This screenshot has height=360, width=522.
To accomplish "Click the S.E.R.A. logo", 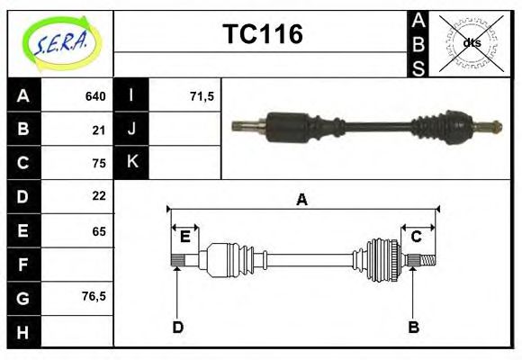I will (x=60, y=41).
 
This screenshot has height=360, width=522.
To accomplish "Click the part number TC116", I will (x=262, y=34).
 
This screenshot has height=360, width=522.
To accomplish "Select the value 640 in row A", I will (x=95, y=96).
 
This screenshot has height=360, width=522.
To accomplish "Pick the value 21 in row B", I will (x=99, y=130).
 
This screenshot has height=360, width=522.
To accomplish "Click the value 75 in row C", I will (x=99, y=163).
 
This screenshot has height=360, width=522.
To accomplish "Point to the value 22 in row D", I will (x=99, y=195).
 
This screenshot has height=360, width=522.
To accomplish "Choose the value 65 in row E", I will (x=99, y=231).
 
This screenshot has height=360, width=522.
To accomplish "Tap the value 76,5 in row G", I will (x=94, y=295).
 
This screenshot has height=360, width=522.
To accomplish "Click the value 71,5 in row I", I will (x=202, y=96).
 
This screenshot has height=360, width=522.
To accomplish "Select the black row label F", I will (x=23, y=265).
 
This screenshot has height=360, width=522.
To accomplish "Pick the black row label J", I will (x=131, y=130).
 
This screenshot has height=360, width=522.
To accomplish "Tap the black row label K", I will (x=131, y=162).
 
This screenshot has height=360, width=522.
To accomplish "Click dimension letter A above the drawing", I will (x=302, y=201).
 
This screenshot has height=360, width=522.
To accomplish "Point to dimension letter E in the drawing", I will (x=185, y=237).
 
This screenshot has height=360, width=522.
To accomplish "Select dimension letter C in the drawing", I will (x=417, y=237).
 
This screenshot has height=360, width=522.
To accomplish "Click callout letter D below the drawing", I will (x=177, y=327).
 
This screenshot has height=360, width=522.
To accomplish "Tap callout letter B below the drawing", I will (x=413, y=327).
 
